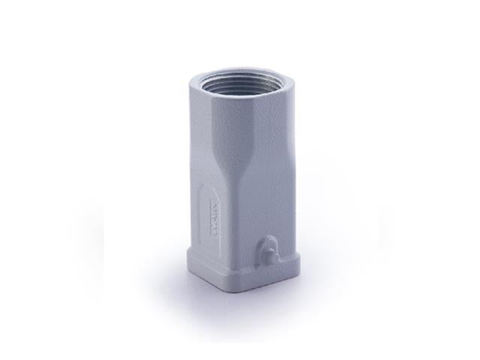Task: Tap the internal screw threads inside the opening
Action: tap(225, 78)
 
